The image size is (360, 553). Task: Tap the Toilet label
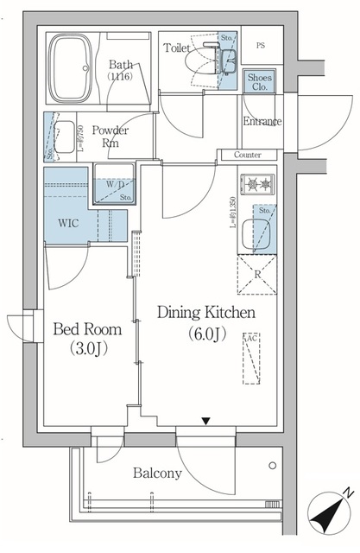[177, 49]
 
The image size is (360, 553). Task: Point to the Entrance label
[262, 122]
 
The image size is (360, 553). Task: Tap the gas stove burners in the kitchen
[259, 184]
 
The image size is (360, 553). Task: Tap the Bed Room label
[88, 329]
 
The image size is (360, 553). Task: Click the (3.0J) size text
[88, 350]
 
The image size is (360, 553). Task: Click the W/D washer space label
[114, 184]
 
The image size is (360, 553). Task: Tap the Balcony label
[157, 474]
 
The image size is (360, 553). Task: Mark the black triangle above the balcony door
[205, 421]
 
